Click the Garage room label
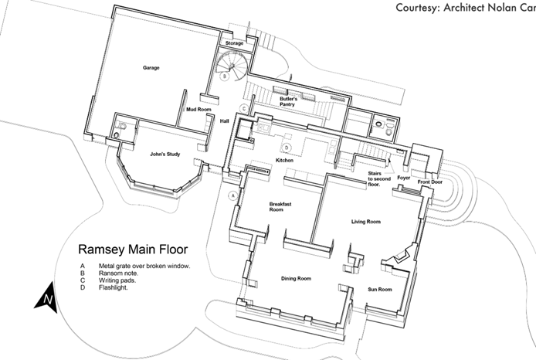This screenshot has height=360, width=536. pyautogui.click(x=151, y=68)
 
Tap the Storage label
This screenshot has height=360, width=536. pyautogui.click(x=235, y=43)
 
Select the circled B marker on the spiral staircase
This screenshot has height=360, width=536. pyautogui.click(x=225, y=76)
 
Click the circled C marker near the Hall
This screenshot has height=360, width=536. pyautogui.click(x=244, y=109)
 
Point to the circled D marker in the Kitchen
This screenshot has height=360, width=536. pyautogui.click(x=287, y=148)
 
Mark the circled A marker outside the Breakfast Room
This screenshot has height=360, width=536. pyautogui.click(x=233, y=196)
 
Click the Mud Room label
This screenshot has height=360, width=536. pyautogui.click(x=198, y=110)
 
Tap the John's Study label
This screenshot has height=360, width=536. pyautogui.click(x=165, y=155)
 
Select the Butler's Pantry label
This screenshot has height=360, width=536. pyautogui.click(x=288, y=101)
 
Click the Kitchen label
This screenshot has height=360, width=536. pyautogui.click(x=284, y=161)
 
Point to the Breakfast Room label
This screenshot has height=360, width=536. pyautogui.click(x=280, y=207)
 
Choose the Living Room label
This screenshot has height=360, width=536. pyautogui.click(x=366, y=222)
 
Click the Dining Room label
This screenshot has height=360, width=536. pyautogui.click(x=296, y=279)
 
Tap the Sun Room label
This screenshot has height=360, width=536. pyautogui.click(x=380, y=290)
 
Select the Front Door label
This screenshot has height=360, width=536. pyautogui.click(x=430, y=182)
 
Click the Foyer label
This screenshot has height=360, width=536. pyautogui.click(x=404, y=178)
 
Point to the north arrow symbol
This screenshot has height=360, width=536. pyautogui.click(x=46, y=297)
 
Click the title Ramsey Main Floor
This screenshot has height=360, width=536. pyautogui.click(x=133, y=250)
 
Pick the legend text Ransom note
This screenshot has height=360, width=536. pyautogui.click(x=118, y=273)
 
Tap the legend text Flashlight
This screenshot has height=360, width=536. pyautogui.click(x=114, y=287)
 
